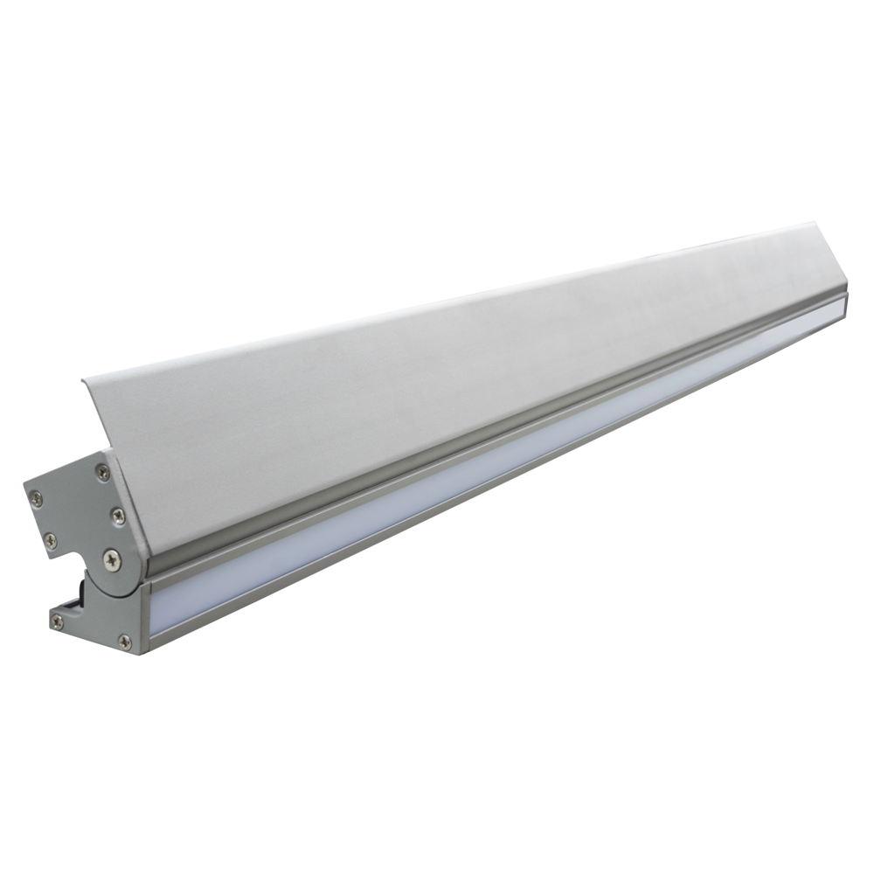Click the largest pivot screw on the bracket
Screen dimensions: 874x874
click(111, 558)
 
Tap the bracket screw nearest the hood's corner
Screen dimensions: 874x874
click(103, 473)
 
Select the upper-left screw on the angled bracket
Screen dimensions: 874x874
click(36, 498)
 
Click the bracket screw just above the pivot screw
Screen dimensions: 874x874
click(118, 516)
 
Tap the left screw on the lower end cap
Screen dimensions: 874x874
click(58, 622)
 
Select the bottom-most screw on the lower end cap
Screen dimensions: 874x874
click(125, 643)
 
